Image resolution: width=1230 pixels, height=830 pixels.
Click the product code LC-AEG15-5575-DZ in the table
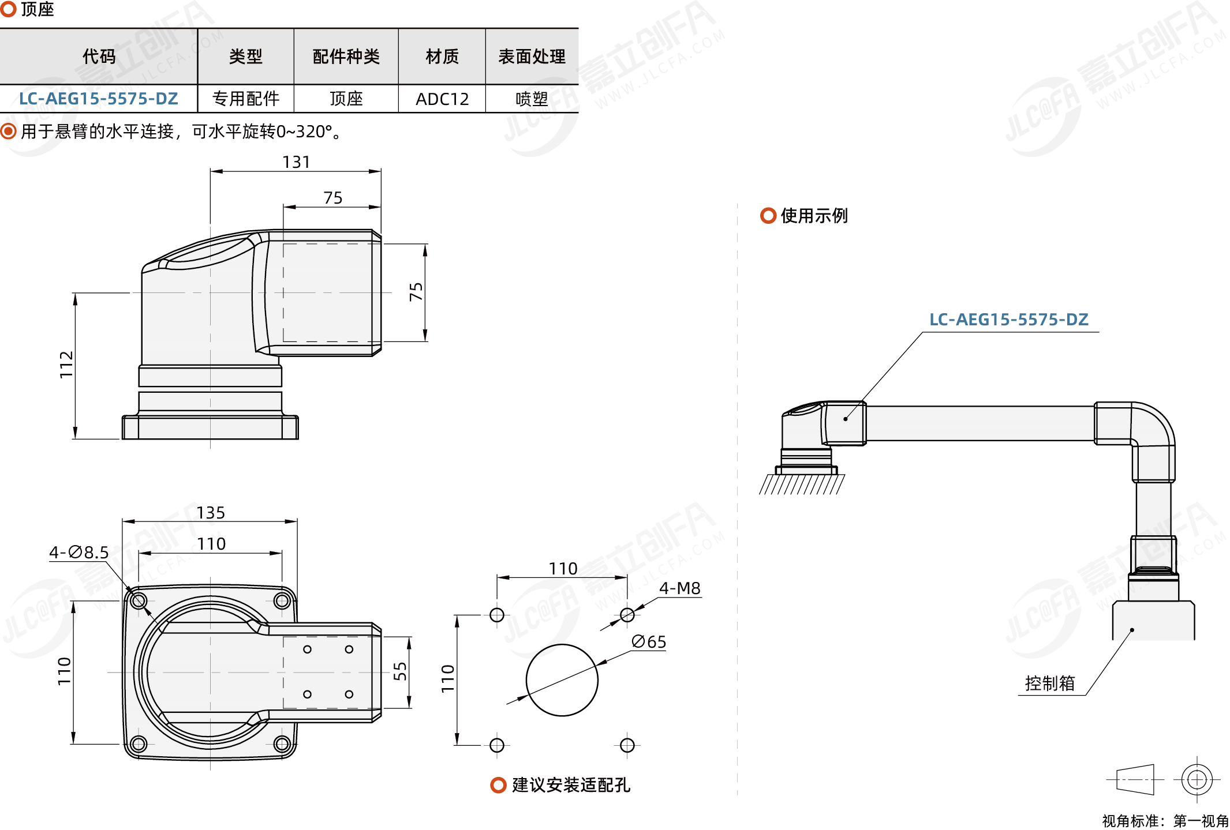99,99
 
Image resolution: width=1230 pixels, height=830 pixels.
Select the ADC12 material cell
442,99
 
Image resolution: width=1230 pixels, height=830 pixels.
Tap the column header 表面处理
532,57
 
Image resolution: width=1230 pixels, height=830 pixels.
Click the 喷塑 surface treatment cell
532,99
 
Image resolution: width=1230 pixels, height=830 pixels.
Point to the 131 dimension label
296,162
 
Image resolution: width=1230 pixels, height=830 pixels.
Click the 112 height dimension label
66,365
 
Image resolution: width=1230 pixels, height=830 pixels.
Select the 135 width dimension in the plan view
211,513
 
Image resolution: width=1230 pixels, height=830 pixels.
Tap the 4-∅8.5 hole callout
79,553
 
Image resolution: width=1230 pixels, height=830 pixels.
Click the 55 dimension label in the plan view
400,671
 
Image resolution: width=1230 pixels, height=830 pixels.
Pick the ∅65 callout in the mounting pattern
649,641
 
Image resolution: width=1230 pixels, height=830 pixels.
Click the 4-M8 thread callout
680,588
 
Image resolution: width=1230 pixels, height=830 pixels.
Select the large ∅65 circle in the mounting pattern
562,680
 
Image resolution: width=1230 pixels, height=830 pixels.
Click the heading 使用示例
814,216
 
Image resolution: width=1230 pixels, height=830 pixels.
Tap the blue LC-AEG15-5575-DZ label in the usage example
1008,320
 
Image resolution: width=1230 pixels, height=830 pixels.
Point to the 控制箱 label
1049,683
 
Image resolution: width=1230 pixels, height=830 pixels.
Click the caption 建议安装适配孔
570,785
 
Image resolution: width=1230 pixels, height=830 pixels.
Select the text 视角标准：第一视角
1165,820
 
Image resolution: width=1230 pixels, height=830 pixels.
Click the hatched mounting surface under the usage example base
802,485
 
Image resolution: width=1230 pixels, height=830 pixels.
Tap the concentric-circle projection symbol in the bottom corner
1197,780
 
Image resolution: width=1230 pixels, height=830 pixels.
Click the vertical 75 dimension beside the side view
416,292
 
